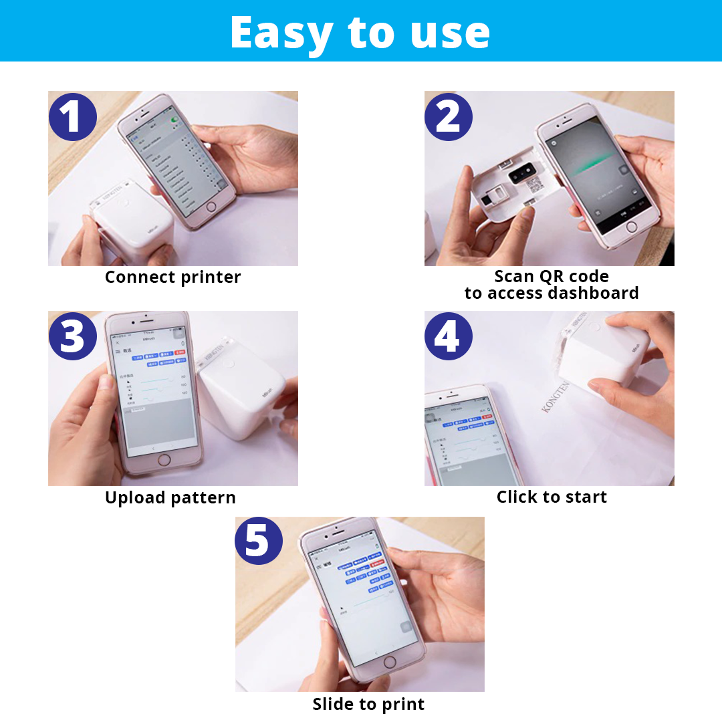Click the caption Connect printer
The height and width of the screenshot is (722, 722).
[x=172, y=277]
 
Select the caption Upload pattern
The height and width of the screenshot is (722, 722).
[x=170, y=497]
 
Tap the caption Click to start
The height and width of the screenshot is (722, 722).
[x=552, y=497]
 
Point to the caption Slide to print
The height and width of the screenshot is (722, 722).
[x=368, y=704]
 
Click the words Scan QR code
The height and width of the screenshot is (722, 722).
[x=552, y=276]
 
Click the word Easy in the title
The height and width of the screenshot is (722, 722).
[x=281, y=32]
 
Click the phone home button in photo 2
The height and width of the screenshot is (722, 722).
[x=631, y=227]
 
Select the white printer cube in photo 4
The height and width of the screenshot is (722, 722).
[x=602, y=358]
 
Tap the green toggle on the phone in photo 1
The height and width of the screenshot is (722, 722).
[x=176, y=120]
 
